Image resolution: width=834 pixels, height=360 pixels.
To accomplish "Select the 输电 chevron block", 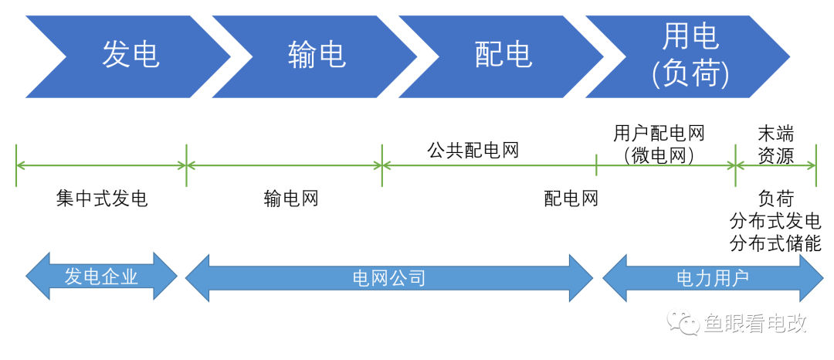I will pos(316,56).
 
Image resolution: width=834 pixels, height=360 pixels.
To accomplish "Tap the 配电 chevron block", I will pos(503,56).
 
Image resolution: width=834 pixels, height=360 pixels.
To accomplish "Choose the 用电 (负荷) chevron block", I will pos(690,56).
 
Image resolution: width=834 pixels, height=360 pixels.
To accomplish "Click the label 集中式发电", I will pos(101,199).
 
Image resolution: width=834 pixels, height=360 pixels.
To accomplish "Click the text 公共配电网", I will pos(473,150).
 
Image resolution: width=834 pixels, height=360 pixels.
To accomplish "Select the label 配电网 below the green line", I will pos(571,199).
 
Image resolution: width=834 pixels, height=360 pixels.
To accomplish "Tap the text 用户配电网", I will pos(659,134).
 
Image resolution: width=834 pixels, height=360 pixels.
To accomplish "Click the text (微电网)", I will pos(659,156).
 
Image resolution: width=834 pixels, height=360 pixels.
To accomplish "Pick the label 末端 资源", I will pos(775,145).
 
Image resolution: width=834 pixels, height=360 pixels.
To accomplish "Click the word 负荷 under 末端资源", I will pos(775,199).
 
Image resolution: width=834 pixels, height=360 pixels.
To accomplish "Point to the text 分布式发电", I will pos(775,222).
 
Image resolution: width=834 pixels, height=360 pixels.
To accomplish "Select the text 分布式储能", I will pos(775,244).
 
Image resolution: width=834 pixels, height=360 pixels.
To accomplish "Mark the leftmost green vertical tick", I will pos(16,165).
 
